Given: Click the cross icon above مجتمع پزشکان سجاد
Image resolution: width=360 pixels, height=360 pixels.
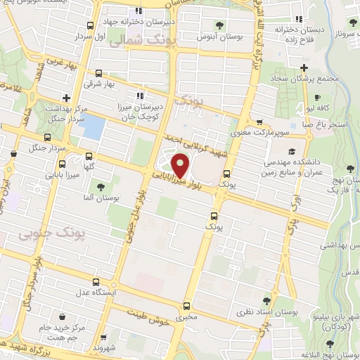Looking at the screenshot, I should click(x=304, y=67).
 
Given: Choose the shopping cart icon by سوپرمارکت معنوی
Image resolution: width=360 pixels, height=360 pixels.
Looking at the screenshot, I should click(x=259, y=122).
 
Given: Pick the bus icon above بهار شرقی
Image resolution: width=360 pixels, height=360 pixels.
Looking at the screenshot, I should click(x=98, y=72).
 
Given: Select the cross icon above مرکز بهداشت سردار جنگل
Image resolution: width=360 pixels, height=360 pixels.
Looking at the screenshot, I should click(x=66, y=98).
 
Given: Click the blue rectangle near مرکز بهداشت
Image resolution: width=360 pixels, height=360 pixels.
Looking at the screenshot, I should click(x=94, y=127).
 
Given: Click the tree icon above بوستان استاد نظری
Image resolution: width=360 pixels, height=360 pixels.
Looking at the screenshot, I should click(x=266, y=299).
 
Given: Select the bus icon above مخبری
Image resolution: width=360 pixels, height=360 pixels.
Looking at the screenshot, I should click(x=186, y=306).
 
